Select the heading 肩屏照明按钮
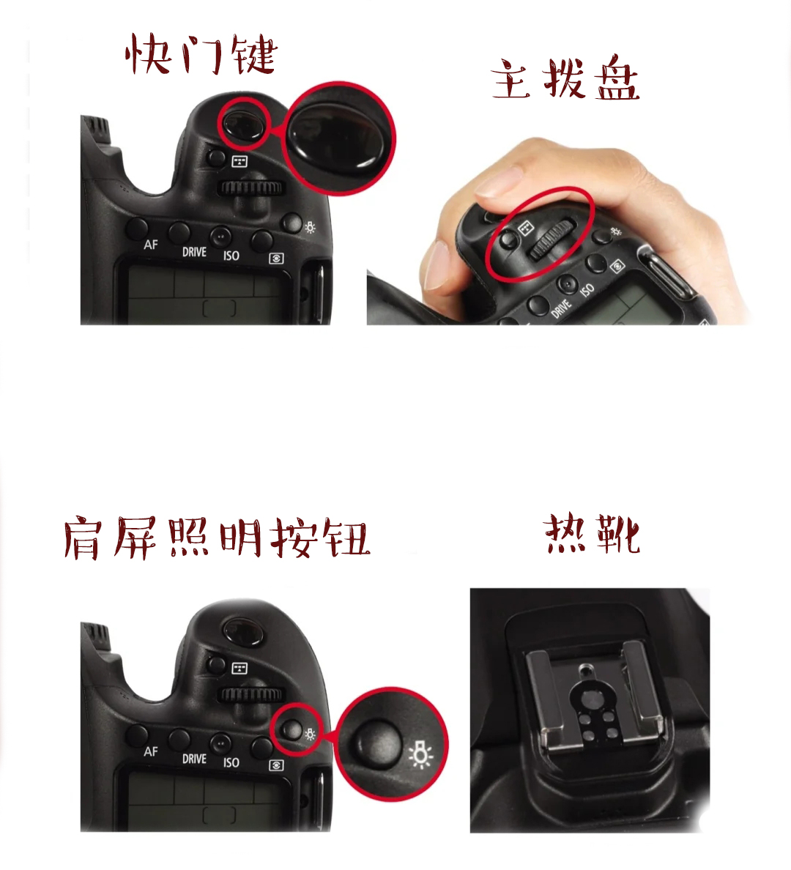tap(217, 538)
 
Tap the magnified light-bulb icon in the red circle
tap(421, 754)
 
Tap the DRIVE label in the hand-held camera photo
tap(561, 308)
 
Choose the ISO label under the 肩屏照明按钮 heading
tap(231, 762)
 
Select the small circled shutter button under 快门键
tap(244, 122)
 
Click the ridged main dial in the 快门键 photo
tap(251, 187)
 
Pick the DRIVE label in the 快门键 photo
tap(194, 252)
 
